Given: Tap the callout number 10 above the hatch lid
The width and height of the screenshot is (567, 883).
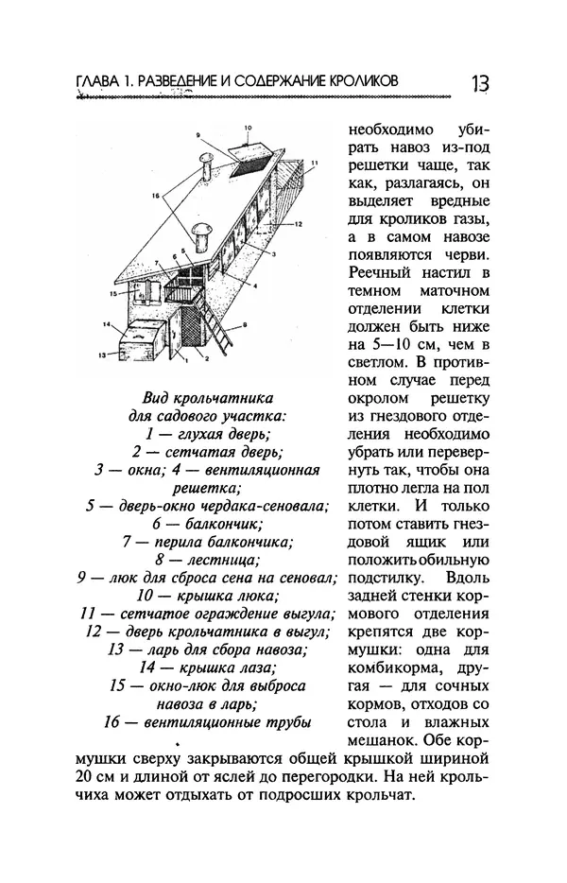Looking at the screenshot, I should [x=249, y=126].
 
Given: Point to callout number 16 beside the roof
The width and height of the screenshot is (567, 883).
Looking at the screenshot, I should [x=157, y=196].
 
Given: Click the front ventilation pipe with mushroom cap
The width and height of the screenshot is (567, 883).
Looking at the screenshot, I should [x=200, y=234].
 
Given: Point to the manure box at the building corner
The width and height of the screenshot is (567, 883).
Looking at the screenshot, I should [x=141, y=340].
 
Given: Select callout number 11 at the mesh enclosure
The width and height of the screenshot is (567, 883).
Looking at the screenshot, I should [x=316, y=164].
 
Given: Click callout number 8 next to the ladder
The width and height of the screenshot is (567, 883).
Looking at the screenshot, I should [x=247, y=323].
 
